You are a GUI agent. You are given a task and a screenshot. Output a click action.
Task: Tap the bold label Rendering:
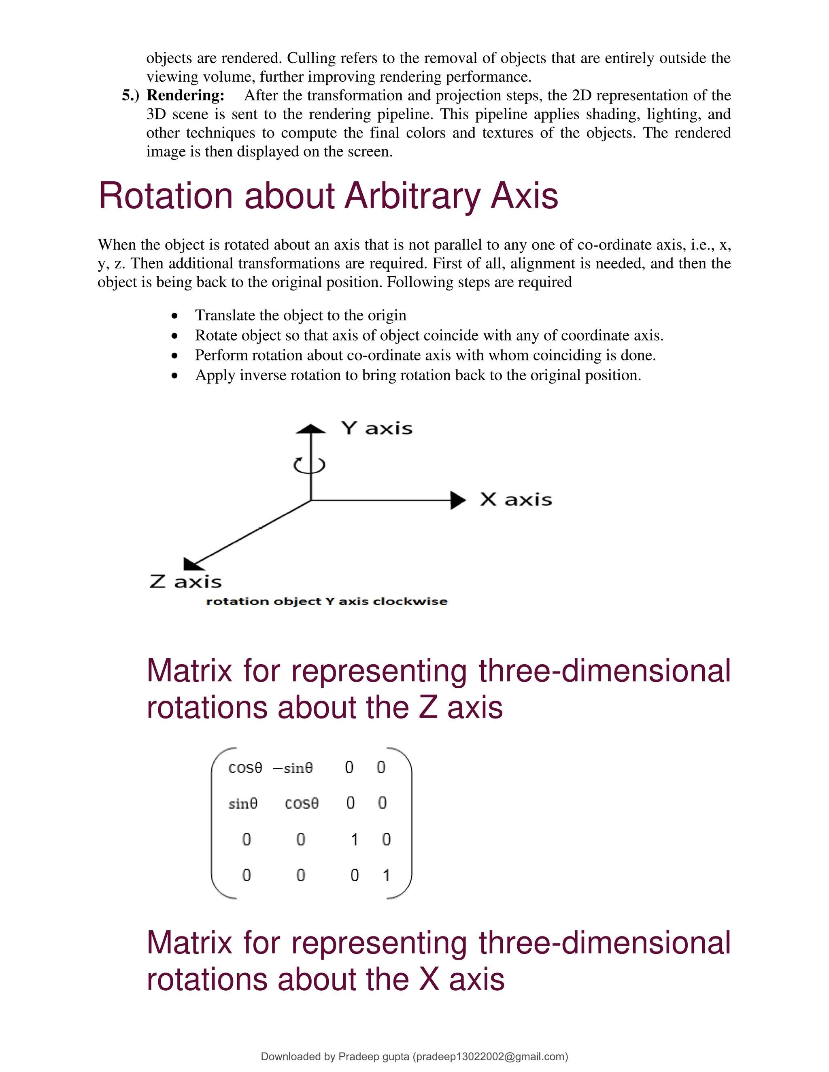point(185,95)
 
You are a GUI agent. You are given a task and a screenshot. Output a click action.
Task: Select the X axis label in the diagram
point(516,500)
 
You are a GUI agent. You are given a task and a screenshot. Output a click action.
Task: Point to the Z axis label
point(185,582)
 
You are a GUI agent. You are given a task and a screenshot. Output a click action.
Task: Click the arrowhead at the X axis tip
point(458,500)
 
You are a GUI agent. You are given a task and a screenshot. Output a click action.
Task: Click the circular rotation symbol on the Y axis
point(309,464)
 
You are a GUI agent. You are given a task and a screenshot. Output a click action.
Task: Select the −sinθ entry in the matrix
point(293,768)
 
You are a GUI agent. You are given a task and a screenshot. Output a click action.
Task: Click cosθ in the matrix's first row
point(245,768)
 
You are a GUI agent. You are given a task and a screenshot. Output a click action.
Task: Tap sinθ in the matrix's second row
point(242,803)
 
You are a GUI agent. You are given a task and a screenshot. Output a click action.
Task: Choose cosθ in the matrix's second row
point(302,803)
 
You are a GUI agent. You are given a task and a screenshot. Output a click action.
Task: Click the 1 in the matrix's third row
point(354,840)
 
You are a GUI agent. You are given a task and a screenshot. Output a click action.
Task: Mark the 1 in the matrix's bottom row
point(386,875)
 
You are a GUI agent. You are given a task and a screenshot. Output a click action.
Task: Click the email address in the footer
point(490,1056)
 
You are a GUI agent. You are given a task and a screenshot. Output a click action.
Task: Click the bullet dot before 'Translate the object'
point(174,316)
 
